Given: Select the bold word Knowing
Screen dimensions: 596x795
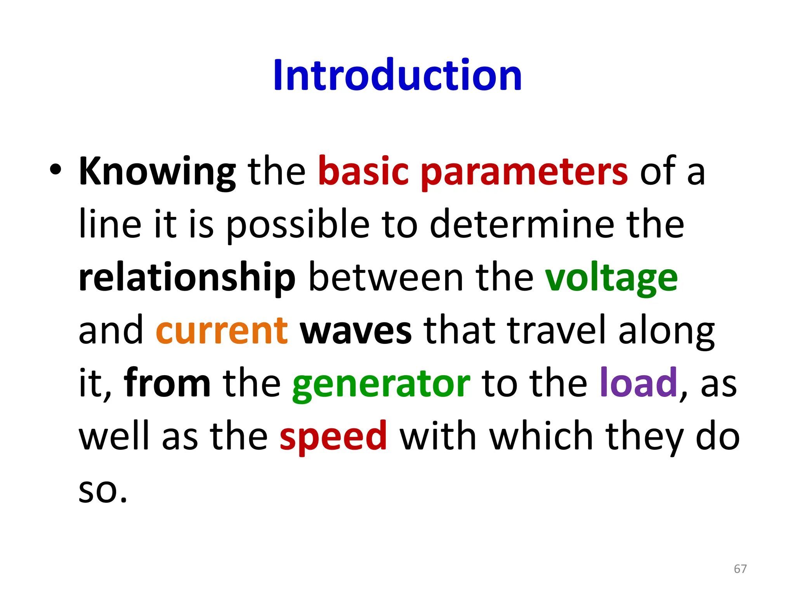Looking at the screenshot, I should [157, 172].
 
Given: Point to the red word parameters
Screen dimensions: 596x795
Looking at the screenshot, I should [524, 172].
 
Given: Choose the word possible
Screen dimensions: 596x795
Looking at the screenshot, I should [298, 225].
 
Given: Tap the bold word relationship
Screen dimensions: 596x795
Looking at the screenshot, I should [187, 278].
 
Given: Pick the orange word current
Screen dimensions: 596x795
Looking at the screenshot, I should [222, 331].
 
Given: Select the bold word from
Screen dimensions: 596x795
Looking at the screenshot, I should [167, 383].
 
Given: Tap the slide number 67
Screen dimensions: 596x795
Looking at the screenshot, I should [740, 569].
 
